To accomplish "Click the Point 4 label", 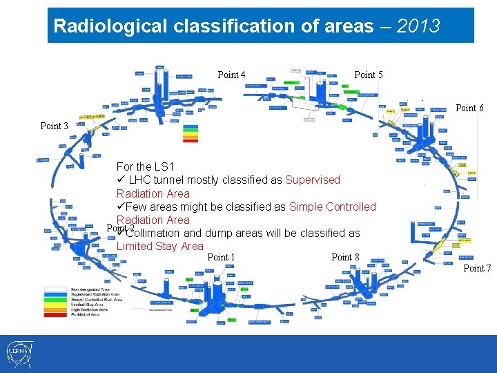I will [x=231, y=75].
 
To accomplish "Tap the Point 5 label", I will [x=368, y=75].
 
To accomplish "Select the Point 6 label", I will [x=470, y=108].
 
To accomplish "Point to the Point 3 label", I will [x=54, y=126].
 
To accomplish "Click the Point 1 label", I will [x=221, y=257].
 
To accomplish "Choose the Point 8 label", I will [x=345, y=257].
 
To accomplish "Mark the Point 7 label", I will [x=477, y=268].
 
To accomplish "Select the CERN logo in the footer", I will [x=17, y=354].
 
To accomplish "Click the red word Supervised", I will [x=313, y=180].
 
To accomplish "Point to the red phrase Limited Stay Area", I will [x=159, y=246].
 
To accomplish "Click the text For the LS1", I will [x=145, y=166].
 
